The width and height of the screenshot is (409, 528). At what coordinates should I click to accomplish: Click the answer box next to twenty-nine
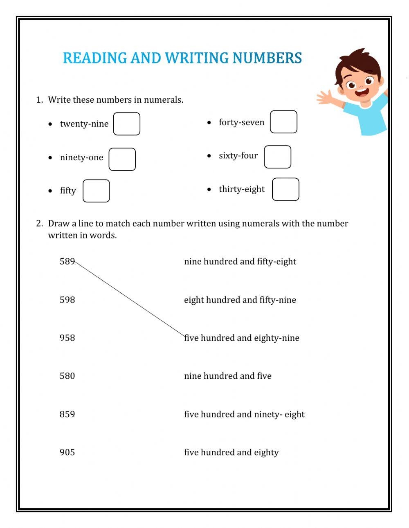click(127, 124)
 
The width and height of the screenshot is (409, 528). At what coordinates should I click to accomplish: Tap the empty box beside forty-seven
click(283, 122)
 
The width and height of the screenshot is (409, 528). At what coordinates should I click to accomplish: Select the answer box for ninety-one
click(122, 159)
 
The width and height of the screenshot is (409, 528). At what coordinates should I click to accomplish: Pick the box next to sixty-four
click(278, 157)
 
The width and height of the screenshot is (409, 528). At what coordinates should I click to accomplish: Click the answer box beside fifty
click(96, 191)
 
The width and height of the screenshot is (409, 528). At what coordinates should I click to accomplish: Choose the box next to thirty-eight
click(285, 189)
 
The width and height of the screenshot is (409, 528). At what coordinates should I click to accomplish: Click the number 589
click(67, 261)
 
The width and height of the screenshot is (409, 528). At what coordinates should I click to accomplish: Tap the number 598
click(67, 300)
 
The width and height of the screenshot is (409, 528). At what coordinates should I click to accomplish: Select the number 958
click(67, 338)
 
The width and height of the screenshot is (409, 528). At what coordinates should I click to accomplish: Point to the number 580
click(67, 376)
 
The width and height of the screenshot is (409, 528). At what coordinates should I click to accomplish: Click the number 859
click(67, 414)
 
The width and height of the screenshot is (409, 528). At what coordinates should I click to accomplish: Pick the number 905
click(67, 452)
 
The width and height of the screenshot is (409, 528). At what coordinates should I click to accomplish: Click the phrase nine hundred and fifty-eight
click(240, 262)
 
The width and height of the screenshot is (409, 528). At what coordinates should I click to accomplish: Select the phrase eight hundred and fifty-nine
click(240, 300)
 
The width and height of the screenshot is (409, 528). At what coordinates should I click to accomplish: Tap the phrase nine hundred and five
click(228, 376)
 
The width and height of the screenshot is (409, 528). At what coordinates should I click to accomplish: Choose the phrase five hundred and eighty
click(231, 452)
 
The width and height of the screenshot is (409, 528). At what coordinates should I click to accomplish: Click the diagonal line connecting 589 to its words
click(130, 299)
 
